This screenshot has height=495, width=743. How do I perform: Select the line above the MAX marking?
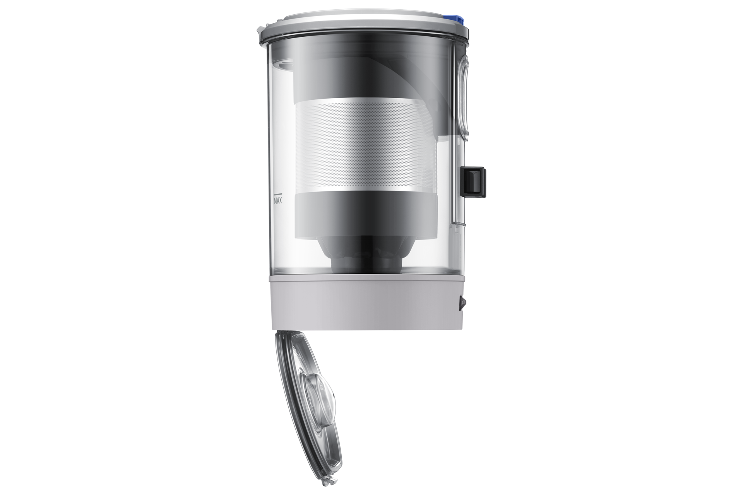[279, 193]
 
